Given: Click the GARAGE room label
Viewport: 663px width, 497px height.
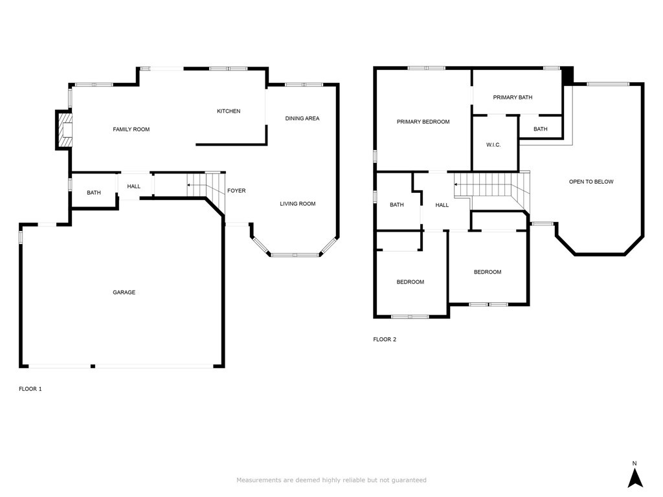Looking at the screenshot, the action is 124,292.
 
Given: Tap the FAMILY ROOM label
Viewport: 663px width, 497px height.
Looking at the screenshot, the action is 131,129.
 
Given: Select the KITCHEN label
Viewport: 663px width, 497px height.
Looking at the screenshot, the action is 229,111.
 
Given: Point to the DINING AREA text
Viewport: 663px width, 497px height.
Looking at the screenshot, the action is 302,118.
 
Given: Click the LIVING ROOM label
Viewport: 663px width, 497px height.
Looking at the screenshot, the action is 298,204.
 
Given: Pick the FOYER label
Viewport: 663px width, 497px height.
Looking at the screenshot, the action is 236,191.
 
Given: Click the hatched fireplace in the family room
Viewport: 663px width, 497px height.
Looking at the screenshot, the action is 64,129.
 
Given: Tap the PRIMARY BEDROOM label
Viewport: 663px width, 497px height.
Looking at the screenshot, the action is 423,122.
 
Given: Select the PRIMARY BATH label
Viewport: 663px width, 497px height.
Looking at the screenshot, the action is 513,97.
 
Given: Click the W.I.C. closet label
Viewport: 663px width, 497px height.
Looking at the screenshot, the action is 493,145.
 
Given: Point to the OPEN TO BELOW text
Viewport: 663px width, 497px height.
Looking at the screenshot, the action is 591,182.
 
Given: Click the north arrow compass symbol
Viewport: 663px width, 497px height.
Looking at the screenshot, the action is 635,478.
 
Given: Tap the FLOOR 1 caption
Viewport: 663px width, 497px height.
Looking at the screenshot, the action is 30,389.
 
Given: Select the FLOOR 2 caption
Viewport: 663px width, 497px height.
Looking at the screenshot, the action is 385,339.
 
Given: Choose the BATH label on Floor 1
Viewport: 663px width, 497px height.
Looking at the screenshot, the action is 94,193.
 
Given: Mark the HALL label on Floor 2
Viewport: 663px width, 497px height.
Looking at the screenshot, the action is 442,205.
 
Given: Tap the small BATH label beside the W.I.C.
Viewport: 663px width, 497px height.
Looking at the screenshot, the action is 541,129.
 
